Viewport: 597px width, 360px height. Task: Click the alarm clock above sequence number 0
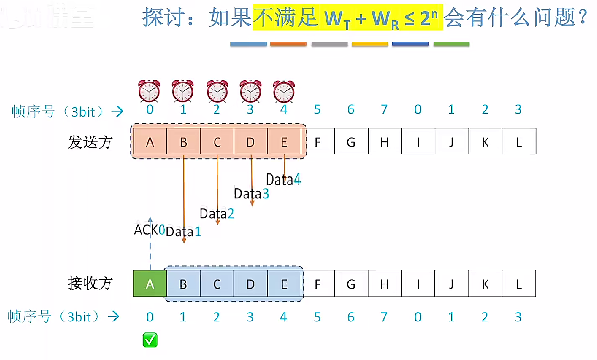coord(149,91)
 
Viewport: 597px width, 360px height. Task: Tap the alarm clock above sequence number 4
coord(284,91)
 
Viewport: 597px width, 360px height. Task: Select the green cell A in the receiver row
coord(150,284)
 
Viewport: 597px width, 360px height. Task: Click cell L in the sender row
coord(519,142)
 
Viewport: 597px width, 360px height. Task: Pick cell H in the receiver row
coord(384,284)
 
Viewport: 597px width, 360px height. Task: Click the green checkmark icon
coord(150,340)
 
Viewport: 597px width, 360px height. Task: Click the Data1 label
coord(183,231)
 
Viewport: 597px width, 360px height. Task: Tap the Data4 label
coord(283,180)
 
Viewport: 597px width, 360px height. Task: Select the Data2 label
coord(217,214)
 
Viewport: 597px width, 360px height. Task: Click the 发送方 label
coord(90,142)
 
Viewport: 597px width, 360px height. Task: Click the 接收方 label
coord(90,283)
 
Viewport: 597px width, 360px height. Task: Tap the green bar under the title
coord(451,44)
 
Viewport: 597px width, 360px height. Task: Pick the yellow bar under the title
coord(370,44)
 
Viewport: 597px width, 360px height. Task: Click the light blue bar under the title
coord(248,44)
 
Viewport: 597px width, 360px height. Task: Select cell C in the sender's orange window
coord(217,142)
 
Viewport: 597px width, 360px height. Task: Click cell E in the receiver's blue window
coord(284,284)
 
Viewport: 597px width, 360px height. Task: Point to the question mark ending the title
coord(582,19)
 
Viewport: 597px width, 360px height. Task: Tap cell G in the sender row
coord(351,142)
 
